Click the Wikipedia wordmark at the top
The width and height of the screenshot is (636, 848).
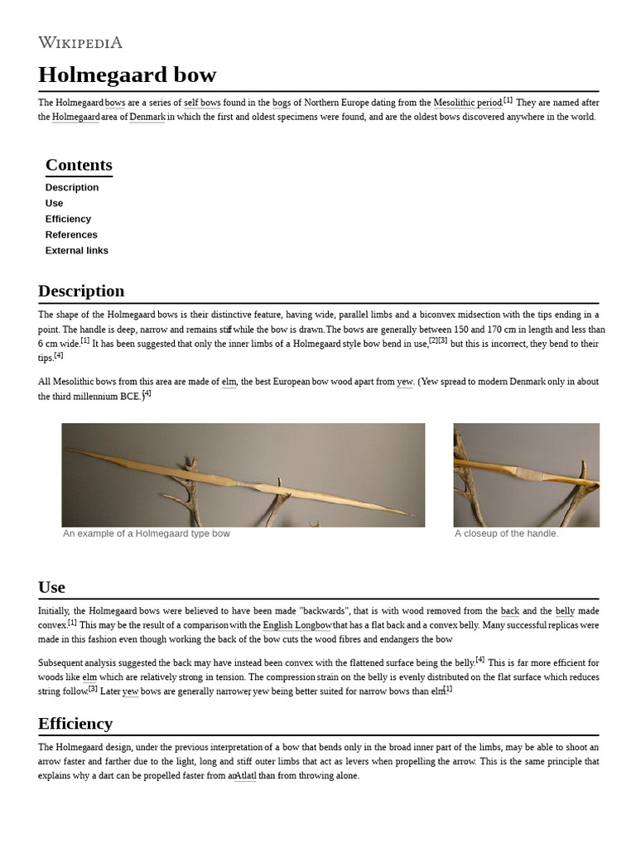click(x=80, y=42)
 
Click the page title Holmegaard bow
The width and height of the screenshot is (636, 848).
click(x=127, y=75)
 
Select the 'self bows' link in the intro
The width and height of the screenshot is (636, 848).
click(x=202, y=103)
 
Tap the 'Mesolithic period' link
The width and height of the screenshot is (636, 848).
click(x=467, y=103)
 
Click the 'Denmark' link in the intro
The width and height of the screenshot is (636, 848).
click(x=147, y=117)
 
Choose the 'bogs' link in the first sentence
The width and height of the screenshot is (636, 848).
click(x=282, y=103)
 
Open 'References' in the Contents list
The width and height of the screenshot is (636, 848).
click(x=71, y=234)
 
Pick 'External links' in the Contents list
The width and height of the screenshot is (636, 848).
click(x=77, y=250)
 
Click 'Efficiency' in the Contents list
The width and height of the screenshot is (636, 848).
click(x=68, y=219)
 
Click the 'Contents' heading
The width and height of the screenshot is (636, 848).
click(x=79, y=165)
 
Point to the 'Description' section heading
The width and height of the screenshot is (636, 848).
click(x=81, y=291)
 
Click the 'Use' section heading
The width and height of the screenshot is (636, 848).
click(x=51, y=587)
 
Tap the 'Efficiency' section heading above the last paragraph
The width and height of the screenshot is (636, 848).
click(x=75, y=724)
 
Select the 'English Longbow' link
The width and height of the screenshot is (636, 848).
click(x=297, y=625)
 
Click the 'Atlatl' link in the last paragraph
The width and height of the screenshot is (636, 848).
click(x=245, y=776)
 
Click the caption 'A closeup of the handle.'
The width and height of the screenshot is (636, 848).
click(x=507, y=533)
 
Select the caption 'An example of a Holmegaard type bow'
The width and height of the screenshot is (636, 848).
click(x=147, y=533)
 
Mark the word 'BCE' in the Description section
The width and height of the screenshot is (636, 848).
click(x=128, y=397)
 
